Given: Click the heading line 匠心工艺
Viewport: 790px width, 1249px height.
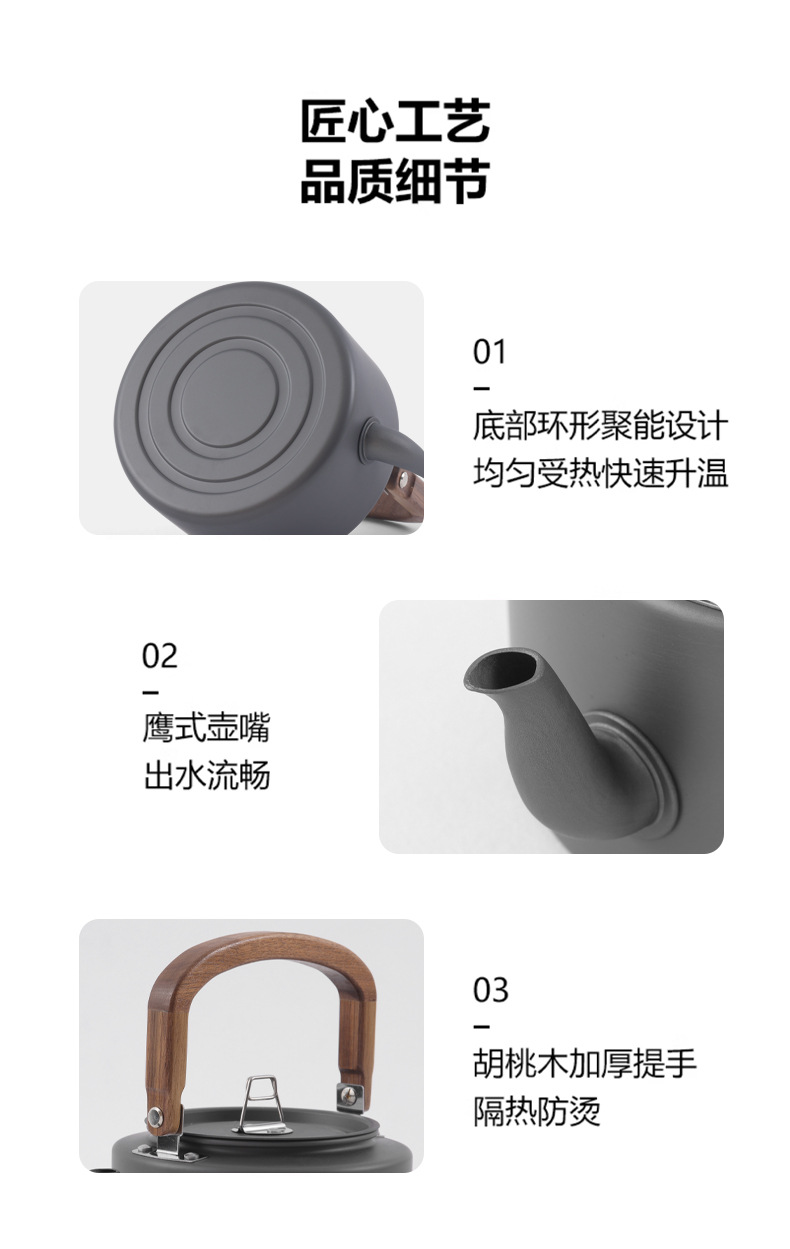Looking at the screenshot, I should [x=395, y=123].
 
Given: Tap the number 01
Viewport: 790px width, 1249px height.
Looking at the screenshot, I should [x=490, y=352].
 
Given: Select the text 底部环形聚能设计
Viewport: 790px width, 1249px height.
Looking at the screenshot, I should [x=600, y=426].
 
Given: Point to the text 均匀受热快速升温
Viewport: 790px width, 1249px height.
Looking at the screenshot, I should [x=600, y=472].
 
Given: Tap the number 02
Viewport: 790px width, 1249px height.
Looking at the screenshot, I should [x=160, y=656].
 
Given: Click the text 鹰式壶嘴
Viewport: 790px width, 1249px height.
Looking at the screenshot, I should [x=206, y=728].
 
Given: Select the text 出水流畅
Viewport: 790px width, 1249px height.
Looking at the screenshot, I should [x=206, y=776].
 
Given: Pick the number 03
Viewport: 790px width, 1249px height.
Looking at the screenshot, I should [x=490, y=990].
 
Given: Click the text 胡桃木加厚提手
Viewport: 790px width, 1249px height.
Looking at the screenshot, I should [x=585, y=1064].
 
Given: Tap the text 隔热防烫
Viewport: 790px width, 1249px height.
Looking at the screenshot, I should [x=537, y=1111].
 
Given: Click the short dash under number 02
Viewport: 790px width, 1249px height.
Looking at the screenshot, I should [x=150, y=692].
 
